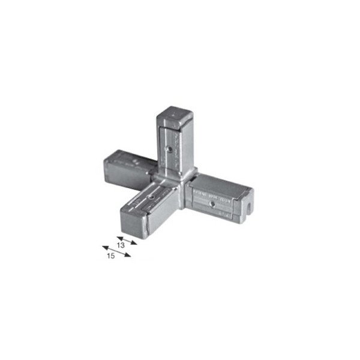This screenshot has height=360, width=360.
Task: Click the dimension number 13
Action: click(121, 245)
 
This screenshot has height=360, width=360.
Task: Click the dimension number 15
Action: click(111, 256)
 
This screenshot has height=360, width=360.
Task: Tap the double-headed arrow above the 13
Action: click(127, 241)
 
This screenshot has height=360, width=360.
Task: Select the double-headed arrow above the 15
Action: click(116, 251)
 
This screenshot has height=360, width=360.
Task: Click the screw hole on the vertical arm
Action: click(170, 149)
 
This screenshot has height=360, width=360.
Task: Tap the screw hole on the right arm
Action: click(212, 204)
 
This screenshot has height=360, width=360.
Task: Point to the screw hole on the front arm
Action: click(151, 197)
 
